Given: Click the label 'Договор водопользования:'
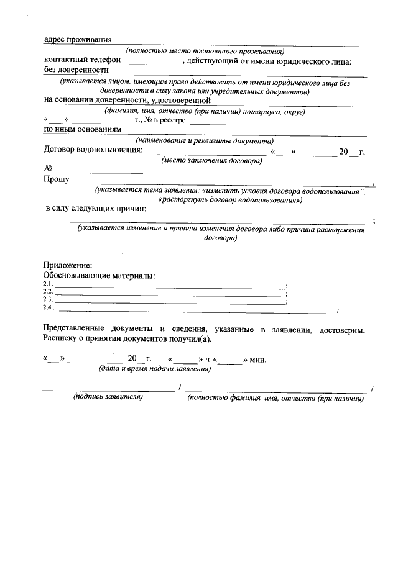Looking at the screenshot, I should [x=93, y=150].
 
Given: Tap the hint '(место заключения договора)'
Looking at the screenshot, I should [x=211, y=160].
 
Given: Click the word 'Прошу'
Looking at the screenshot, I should [x=56, y=179].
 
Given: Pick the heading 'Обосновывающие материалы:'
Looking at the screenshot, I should [x=99, y=275].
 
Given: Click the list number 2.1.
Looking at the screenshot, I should [x=48, y=285].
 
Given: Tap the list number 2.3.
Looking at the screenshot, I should [x=48, y=300].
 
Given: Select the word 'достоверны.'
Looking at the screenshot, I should [x=341, y=329].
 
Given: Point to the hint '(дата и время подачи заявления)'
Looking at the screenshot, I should [x=155, y=369].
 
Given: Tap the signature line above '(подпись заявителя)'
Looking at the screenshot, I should [x=108, y=390].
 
